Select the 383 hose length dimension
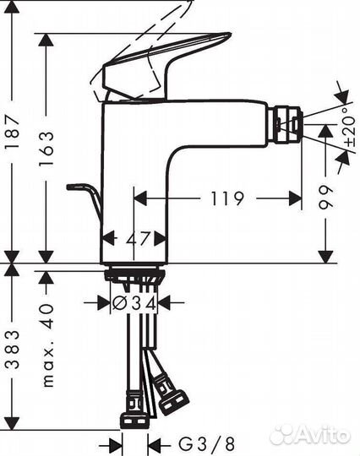[13, 355]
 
